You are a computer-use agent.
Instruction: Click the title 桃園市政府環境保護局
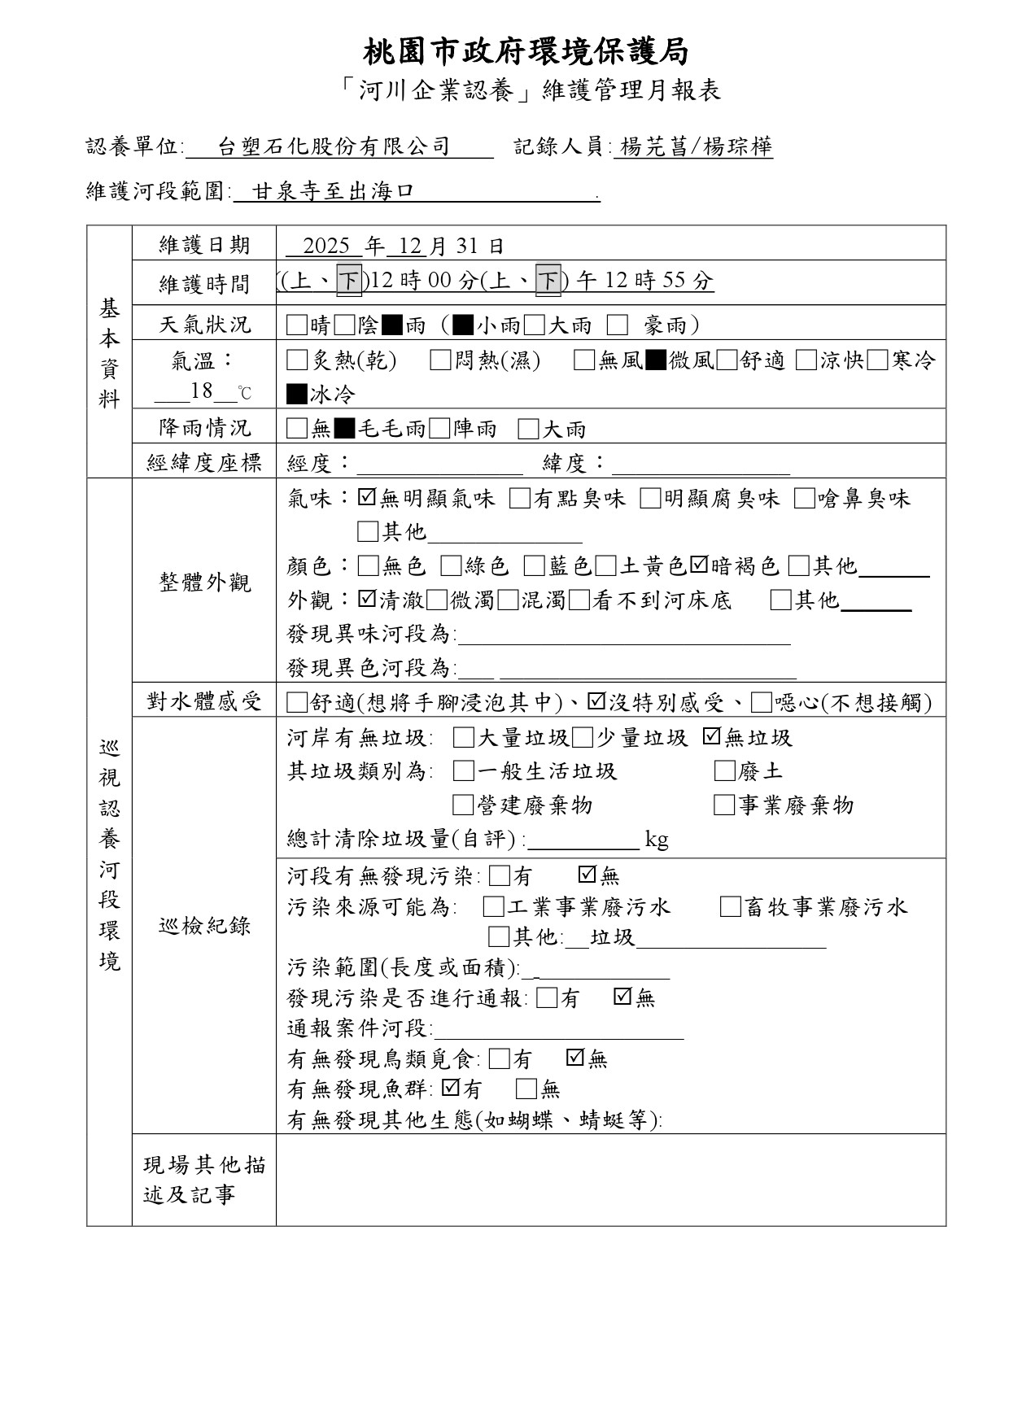point(526,52)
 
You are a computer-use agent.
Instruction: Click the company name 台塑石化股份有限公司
point(334,146)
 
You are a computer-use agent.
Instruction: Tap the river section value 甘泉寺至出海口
point(334,192)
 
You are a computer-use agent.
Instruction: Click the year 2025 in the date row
point(326,246)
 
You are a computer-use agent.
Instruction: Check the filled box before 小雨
point(463,325)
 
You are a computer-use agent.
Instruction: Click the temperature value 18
point(202,391)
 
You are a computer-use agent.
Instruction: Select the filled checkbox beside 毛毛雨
point(345,429)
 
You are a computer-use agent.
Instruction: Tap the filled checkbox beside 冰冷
point(297,395)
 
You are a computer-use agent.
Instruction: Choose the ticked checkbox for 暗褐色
point(700,565)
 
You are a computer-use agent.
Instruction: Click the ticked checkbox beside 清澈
point(367,600)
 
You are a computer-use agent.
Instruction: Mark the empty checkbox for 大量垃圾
point(463,738)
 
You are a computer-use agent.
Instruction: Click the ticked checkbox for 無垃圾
point(711,737)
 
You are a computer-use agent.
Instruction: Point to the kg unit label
point(657,840)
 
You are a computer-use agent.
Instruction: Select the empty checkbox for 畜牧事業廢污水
point(730,907)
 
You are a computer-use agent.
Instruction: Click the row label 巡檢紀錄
point(204,926)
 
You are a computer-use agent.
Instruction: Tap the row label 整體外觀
point(204,583)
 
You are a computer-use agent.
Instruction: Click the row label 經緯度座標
point(204,464)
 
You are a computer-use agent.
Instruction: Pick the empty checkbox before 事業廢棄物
point(723,805)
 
